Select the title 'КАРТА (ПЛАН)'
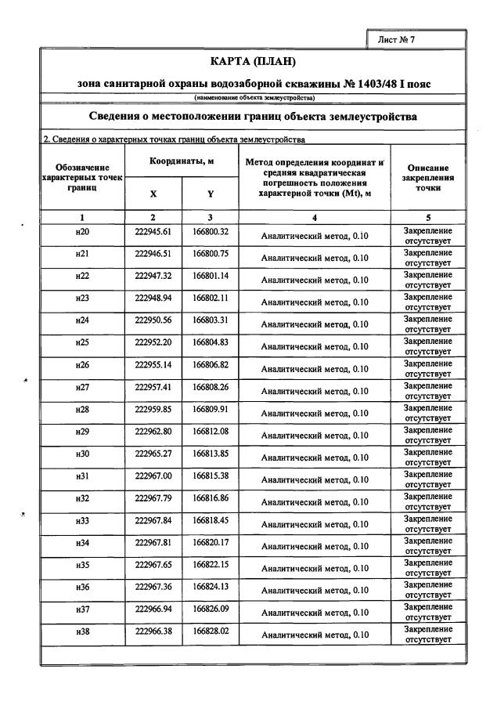click(x=254, y=61)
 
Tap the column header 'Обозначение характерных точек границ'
click(x=82, y=178)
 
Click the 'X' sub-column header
click(x=153, y=194)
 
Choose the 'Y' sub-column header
click(x=211, y=194)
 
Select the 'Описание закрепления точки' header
click(x=427, y=178)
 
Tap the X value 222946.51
click(x=153, y=255)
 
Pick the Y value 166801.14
click(x=211, y=277)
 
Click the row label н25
click(x=82, y=343)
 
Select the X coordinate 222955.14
click(x=153, y=365)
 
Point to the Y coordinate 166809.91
click(x=211, y=409)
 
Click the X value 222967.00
click(x=153, y=476)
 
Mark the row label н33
click(x=82, y=521)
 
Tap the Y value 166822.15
click(x=211, y=564)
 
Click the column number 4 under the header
click(x=315, y=217)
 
